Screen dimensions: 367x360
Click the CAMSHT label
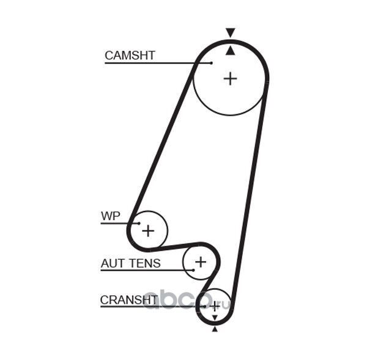(x=130, y=56)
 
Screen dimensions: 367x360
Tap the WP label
(x=111, y=216)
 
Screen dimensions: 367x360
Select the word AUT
(x=112, y=263)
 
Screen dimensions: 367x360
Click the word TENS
(x=145, y=263)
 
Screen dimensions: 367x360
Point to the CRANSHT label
(x=129, y=299)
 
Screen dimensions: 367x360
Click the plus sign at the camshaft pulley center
(x=231, y=79)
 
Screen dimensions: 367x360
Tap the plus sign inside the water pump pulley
(x=148, y=231)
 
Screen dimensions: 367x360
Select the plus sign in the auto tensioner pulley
(x=201, y=262)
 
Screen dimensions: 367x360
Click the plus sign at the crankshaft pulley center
(x=215, y=306)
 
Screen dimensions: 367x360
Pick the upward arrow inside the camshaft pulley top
(x=231, y=51)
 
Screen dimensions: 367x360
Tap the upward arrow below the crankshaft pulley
(x=215, y=329)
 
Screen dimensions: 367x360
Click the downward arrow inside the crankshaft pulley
(x=215, y=318)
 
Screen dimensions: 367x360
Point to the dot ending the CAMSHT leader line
(x=212, y=63)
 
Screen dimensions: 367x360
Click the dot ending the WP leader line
(x=139, y=223)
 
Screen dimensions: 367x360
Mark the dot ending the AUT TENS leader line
(x=193, y=270)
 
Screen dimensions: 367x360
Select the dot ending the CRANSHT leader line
(x=205, y=306)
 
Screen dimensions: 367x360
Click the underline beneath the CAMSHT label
(x=158, y=63)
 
